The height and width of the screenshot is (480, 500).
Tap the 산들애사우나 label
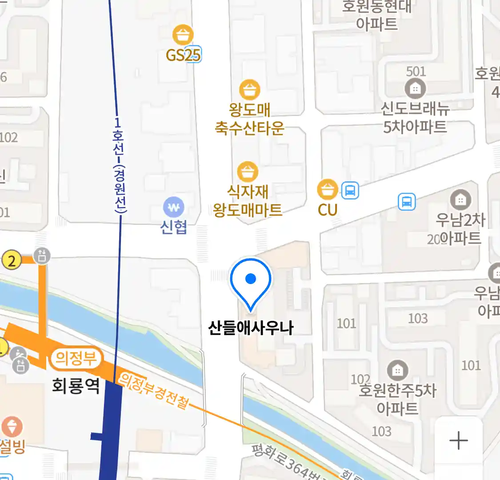251,328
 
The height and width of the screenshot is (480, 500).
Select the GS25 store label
183,55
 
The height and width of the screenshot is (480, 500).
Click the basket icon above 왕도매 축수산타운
249,89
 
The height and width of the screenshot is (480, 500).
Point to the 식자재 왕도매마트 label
248,200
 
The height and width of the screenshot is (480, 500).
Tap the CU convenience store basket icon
328,190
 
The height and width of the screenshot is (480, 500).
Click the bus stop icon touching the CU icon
350,191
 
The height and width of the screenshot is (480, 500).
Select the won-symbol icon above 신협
173,207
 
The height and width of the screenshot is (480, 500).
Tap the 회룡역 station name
76,385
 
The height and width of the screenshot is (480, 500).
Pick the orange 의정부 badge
76,358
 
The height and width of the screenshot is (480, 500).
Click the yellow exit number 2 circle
12,260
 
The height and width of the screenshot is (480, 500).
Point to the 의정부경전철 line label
154,390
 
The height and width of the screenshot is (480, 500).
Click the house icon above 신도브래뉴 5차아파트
415,89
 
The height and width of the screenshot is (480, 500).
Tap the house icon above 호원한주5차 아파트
397,370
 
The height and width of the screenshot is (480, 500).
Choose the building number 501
416,71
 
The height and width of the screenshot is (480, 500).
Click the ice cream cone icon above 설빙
12,427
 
